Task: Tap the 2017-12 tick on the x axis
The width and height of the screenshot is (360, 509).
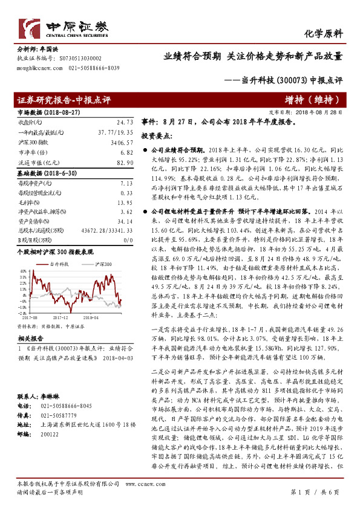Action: tap(60, 316)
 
